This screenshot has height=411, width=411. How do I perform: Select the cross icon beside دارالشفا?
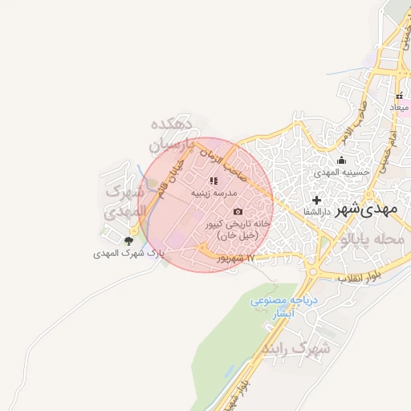(x=316, y=200)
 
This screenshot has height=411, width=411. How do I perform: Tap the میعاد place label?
(x=399, y=107)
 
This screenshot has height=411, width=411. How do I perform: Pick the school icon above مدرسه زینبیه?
(x=214, y=181)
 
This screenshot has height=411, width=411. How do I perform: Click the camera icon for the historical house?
(x=237, y=211)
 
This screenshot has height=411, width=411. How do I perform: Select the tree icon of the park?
(x=128, y=240)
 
